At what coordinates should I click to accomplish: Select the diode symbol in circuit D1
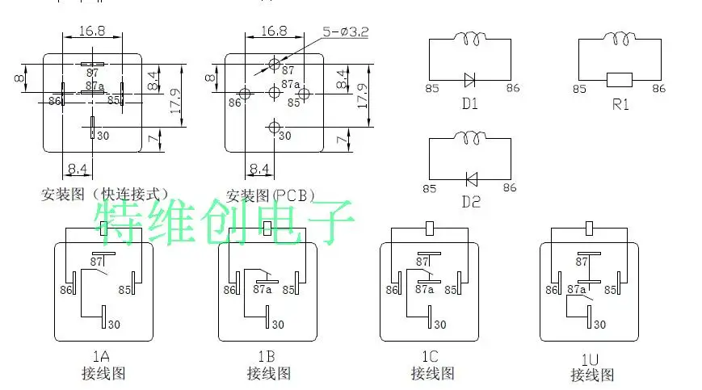click(x=470, y=79)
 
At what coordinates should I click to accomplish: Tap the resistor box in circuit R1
click(x=620, y=79)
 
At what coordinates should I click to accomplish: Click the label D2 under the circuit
click(x=470, y=202)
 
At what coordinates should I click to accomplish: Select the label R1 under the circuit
click(x=620, y=104)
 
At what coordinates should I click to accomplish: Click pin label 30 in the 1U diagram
click(x=599, y=324)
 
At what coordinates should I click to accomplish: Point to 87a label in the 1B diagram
click(x=263, y=288)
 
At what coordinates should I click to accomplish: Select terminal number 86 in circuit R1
click(x=658, y=88)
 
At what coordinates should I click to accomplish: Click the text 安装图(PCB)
click(x=271, y=195)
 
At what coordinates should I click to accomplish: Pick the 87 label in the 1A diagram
click(x=99, y=262)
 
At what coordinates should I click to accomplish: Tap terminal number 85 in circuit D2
click(x=429, y=188)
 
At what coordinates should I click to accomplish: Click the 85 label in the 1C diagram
click(x=451, y=289)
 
